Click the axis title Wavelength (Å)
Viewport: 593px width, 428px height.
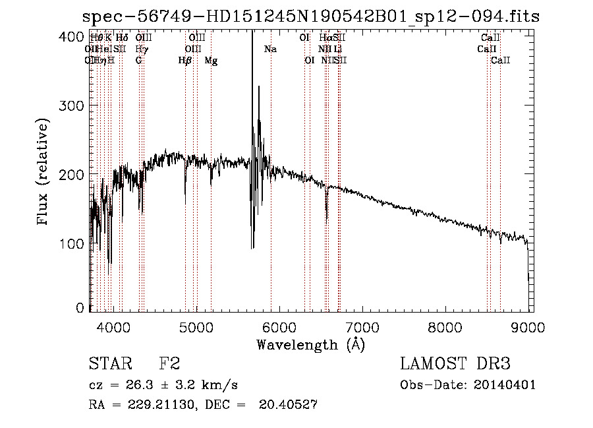click(x=310, y=344)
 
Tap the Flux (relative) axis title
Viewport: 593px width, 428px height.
click(x=44, y=173)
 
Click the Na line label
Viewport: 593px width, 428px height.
click(x=270, y=49)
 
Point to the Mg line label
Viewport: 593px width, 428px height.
click(x=211, y=61)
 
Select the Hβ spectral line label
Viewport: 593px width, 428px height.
click(x=185, y=61)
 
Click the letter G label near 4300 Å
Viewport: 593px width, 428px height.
click(x=139, y=61)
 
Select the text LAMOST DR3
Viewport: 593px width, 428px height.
click(x=455, y=365)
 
